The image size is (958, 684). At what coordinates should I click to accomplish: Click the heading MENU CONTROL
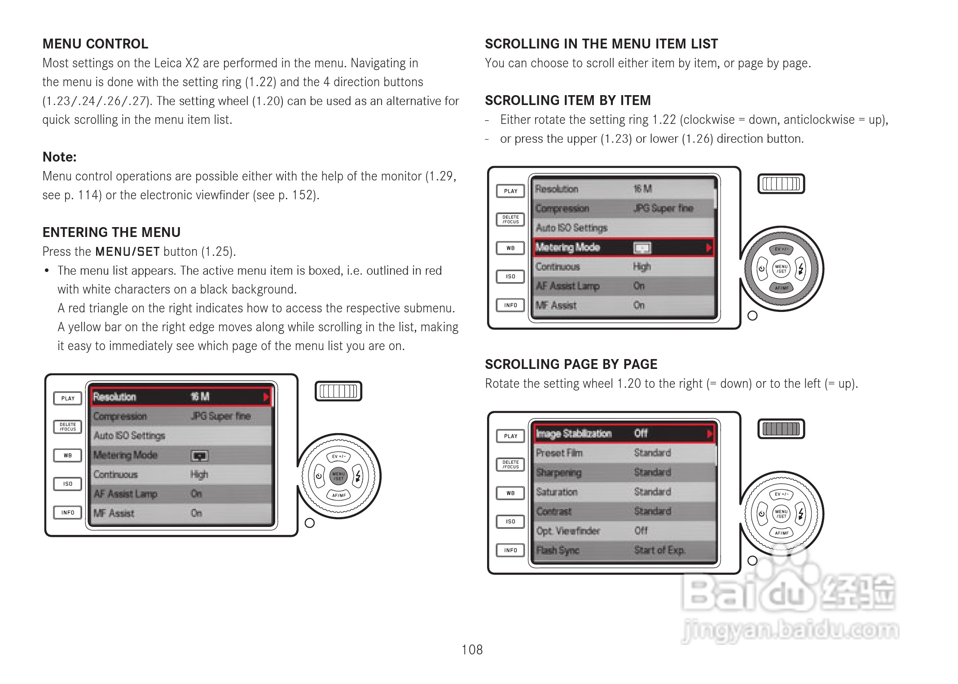(x=95, y=44)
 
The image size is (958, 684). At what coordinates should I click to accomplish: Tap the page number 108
(x=472, y=649)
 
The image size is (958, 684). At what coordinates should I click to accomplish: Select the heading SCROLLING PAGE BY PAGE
(x=571, y=364)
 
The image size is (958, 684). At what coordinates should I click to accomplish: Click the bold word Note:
(x=60, y=157)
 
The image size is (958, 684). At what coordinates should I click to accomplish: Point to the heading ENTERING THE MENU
(x=111, y=232)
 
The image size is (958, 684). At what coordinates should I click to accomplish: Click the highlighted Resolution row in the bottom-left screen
(x=181, y=397)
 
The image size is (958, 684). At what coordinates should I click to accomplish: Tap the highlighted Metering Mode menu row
(x=624, y=247)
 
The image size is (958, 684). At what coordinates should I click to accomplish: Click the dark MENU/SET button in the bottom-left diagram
(x=338, y=476)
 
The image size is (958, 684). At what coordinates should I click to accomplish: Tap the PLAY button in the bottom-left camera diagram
(x=68, y=399)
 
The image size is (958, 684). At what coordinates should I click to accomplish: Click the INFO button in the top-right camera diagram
(x=510, y=305)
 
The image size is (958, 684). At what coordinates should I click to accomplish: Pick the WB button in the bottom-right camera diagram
(x=510, y=493)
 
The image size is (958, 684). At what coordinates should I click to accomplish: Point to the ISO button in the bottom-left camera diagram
(x=68, y=484)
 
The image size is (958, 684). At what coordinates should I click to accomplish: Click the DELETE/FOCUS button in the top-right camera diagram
(x=510, y=219)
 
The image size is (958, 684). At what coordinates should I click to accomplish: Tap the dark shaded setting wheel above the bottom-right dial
(x=781, y=429)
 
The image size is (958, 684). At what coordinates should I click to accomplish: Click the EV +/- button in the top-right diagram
(x=782, y=250)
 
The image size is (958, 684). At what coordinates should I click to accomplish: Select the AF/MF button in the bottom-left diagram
(x=339, y=495)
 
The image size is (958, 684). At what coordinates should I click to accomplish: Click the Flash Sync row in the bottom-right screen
(x=624, y=550)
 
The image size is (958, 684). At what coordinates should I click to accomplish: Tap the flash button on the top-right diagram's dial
(x=801, y=269)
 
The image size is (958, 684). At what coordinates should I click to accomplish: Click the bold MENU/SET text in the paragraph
(x=127, y=252)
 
